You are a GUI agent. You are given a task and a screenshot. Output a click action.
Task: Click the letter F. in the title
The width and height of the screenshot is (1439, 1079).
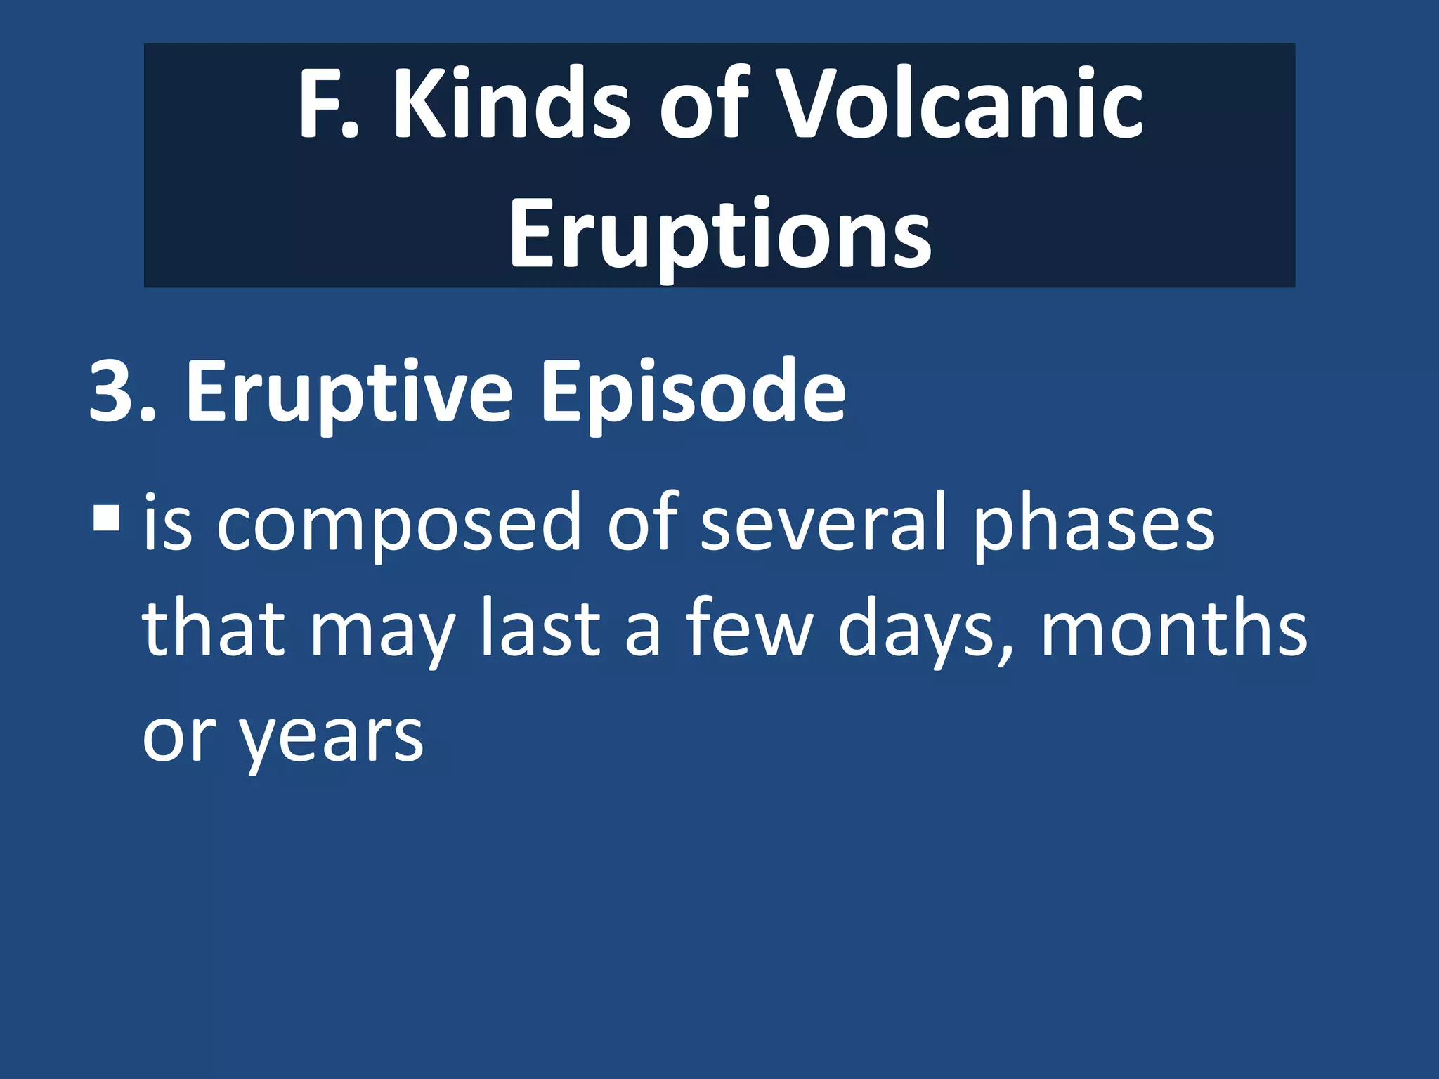pyautogui.click(x=327, y=104)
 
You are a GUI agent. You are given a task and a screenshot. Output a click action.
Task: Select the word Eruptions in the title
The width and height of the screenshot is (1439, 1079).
pyautogui.click(x=719, y=234)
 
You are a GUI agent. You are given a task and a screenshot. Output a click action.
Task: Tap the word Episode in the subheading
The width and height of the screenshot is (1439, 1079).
pyautogui.click(x=692, y=393)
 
